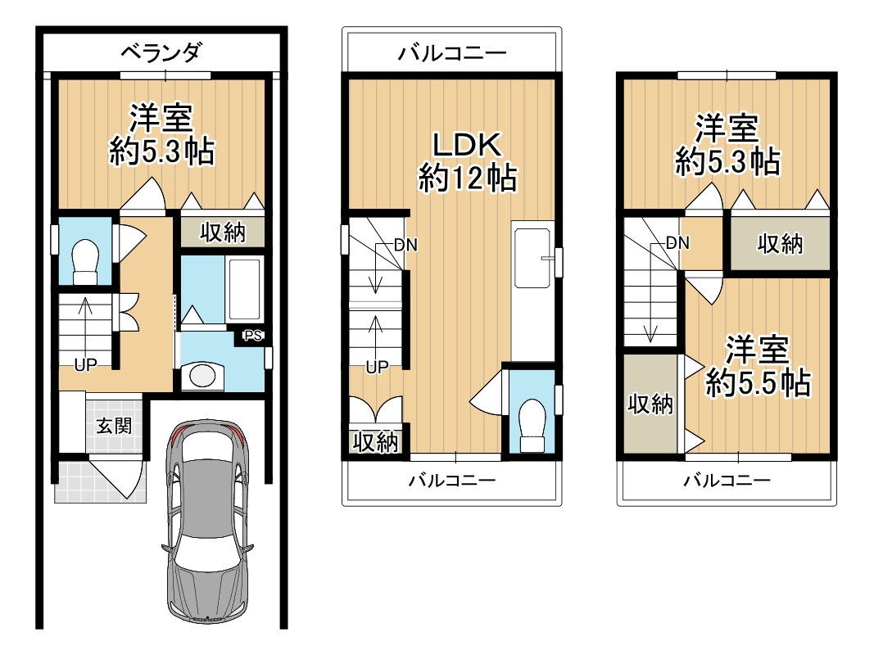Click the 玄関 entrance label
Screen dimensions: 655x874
[113, 426]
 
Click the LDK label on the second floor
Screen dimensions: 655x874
[466, 146]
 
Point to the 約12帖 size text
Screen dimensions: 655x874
[467, 178]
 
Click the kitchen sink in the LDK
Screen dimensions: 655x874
[532, 258]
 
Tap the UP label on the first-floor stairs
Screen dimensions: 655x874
[85, 365]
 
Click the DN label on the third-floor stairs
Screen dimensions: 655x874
[677, 242]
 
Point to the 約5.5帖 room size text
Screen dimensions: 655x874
[757, 382]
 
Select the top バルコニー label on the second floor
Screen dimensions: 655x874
[452, 54]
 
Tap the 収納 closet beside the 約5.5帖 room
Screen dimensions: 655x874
[650, 403]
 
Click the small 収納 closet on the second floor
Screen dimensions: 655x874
[375, 442]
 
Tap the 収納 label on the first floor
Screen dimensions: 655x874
[223, 233]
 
